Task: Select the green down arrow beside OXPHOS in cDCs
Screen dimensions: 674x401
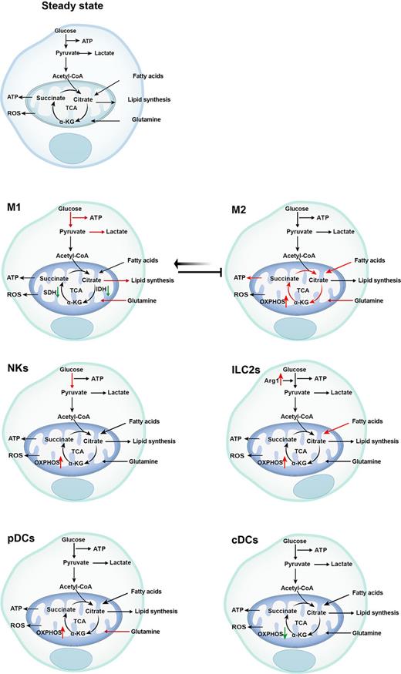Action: pos(285,632)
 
